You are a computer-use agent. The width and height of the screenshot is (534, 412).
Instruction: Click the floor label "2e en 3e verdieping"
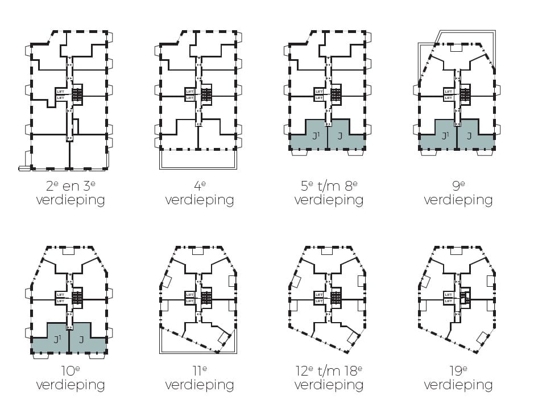pos(70,193)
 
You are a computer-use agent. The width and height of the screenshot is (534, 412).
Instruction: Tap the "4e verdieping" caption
pos(199,193)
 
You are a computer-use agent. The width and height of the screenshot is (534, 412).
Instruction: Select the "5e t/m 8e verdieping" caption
pos(329,193)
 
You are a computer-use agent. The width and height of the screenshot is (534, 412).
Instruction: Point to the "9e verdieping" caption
pos(458,193)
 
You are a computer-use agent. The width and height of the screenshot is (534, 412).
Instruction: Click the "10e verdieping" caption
pos(70,378)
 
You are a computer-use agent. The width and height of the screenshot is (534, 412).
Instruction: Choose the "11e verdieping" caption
pos(199,378)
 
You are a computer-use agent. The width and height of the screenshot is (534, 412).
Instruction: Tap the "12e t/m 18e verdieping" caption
pos(329,378)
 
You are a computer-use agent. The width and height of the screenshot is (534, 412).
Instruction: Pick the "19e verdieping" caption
pos(458,378)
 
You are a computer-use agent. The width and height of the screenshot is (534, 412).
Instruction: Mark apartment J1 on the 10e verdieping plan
pos(56,340)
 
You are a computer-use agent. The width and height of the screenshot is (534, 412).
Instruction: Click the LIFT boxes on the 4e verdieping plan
pos(190,94)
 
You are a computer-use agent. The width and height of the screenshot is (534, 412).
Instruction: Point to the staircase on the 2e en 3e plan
pos(77,94)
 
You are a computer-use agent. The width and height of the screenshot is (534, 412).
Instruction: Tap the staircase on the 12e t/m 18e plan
pos(336,298)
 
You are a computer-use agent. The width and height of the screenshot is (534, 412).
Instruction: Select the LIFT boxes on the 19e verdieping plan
pos(449,298)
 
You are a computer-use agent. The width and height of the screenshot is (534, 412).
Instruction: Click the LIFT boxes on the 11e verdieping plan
pos(190,298)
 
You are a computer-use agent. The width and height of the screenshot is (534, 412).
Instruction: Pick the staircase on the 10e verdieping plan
pos(77,298)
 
